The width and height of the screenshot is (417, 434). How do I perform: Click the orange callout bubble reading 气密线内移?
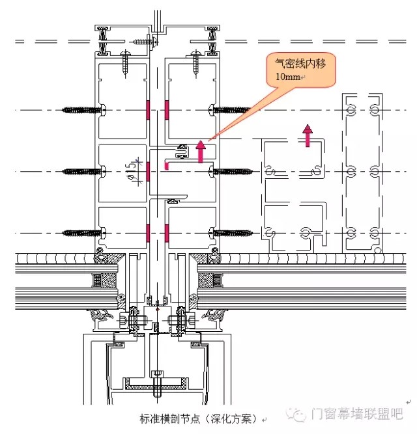click(x=300, y=70)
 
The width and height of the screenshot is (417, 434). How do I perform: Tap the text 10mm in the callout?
click(x=287, y=77)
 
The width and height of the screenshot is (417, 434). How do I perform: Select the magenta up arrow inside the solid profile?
click(x=201, y=152)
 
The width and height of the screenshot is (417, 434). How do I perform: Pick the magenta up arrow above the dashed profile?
click(x=308, y=135)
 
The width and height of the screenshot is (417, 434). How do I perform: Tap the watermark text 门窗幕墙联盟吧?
click(x=357, y=414)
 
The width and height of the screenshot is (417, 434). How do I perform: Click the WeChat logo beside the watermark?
click(x=296, y=414)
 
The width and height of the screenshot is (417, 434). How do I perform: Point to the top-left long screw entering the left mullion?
click(x=83, y=110)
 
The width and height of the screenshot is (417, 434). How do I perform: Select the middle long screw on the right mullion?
click(x=231, y=172)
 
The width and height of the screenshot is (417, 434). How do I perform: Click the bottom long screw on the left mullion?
click(x=83, y=234)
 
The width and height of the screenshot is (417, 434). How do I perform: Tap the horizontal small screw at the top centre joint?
click(x=144, y=42)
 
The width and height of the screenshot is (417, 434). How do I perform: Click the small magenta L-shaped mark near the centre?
click(x=167, y=165)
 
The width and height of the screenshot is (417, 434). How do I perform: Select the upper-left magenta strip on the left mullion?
click(x=149, y=110)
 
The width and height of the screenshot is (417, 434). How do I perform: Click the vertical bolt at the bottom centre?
click(x=157, y=384)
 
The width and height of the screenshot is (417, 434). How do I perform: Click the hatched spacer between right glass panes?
click(x=210, y=280)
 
